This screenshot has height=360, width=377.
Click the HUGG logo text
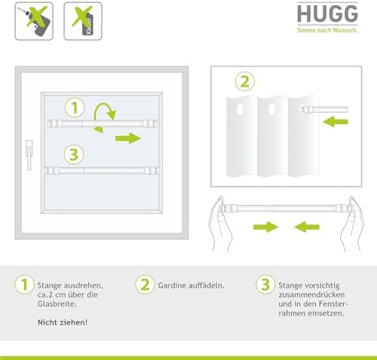pyautogui.click(x=327, y=14)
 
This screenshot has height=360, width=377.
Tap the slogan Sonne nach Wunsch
pyautogui.click(x=327, y=30)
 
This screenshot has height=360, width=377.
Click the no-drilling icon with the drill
pyautogui.click(x=34, y=21)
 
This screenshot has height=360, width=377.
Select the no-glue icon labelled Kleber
pyautogui.click(x=83, y=21)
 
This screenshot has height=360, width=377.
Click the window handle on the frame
pyautogui.click(x=29, y=155)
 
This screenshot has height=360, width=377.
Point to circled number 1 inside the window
pyautogui.click(x=75, y=108)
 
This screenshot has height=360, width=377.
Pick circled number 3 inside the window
pyautogui.click(x=74, y=154)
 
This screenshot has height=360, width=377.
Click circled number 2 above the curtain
pyautogui.click(x=245, y=81)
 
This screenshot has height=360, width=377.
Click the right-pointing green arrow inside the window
pyautogui.click(x=128, y=139)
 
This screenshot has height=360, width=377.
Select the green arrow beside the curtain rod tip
pyautogui.click(x=336, y=122)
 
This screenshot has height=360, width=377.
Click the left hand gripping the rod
pyautogui.click(x=219, y=224)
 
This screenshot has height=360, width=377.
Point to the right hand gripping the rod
pyautogui.click(x=353, y=224)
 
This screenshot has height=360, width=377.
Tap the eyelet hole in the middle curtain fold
pyautogui.click(x=271, y=109)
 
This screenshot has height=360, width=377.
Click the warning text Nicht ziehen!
pyautogui.click(x=63, y=322)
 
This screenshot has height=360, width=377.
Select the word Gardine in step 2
pyautogui.click(x=173, y=285)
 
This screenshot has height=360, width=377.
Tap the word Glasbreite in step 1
pyautogui.click(x=57, y=304)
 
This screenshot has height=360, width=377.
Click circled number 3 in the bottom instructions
pyautogui.click(x=265, y=285)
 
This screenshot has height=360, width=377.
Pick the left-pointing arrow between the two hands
pyautogui.click(x=307, y=227)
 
